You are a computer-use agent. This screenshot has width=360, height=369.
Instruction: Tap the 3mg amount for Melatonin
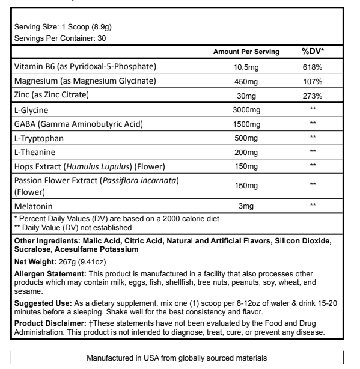(246, 206)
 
